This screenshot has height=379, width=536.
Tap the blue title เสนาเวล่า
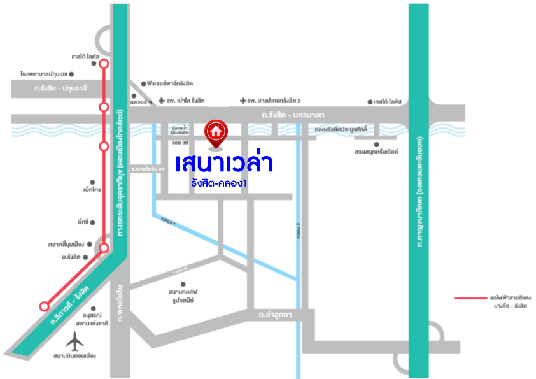[x=225, y=163]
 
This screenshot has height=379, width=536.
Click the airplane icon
[x=75, y=342]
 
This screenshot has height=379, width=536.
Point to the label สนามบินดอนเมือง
[x=74, y=355]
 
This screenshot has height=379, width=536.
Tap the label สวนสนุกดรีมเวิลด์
[x=376, y=152]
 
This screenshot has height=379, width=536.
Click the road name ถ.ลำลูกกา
[x=275, y=315]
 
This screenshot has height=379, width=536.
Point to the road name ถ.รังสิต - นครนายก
[x=293, y=115]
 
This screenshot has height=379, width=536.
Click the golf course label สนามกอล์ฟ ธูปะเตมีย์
[x=176, y=296]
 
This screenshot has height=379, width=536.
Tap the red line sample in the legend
[x=470, y=297]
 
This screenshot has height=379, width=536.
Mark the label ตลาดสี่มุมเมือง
[x=67, y=244]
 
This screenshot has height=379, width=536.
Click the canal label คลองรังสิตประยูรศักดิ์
[x=348, y=129]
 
